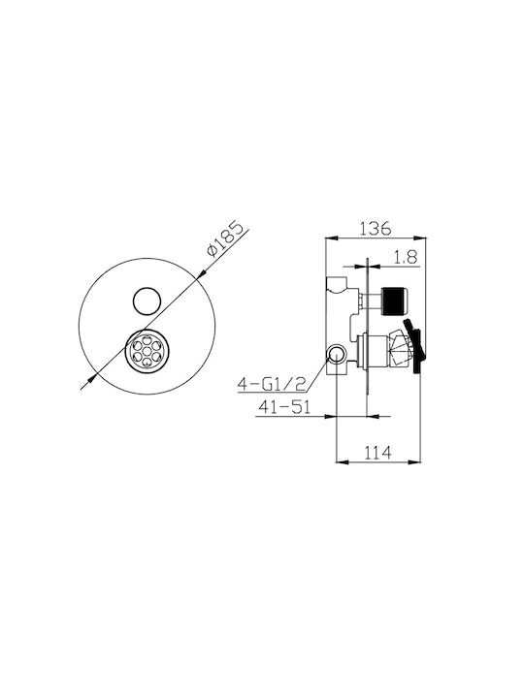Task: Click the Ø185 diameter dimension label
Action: (x=226, y=238)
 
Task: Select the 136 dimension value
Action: (x=376, y=228)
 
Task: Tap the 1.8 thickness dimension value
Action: (x=405, y=257)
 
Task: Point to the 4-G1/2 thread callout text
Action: (x=272, y=383)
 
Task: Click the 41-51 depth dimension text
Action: (x=284, y=407)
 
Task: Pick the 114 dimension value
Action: (x=377, y=453)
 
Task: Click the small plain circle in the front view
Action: (x=147, y=301)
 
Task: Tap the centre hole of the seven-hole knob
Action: (x=147, y=350)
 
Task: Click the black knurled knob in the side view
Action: (x=395, y=301)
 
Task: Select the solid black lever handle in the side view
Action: (x=415, y=345)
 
